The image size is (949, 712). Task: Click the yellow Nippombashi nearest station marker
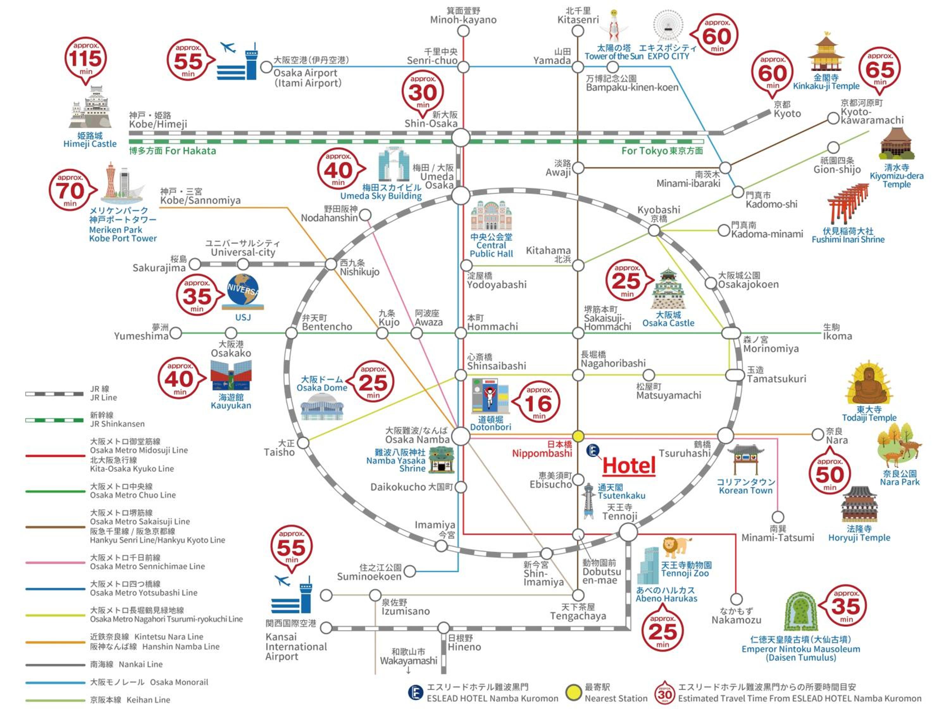click(x=578, y=436)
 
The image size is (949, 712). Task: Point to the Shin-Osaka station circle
click(x=461, y=138)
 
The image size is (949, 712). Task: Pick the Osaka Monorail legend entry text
click(x=149, y=682)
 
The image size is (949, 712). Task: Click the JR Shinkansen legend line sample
click(x=54, y=420)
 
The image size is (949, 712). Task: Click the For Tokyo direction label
click(x=662, y=151)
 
